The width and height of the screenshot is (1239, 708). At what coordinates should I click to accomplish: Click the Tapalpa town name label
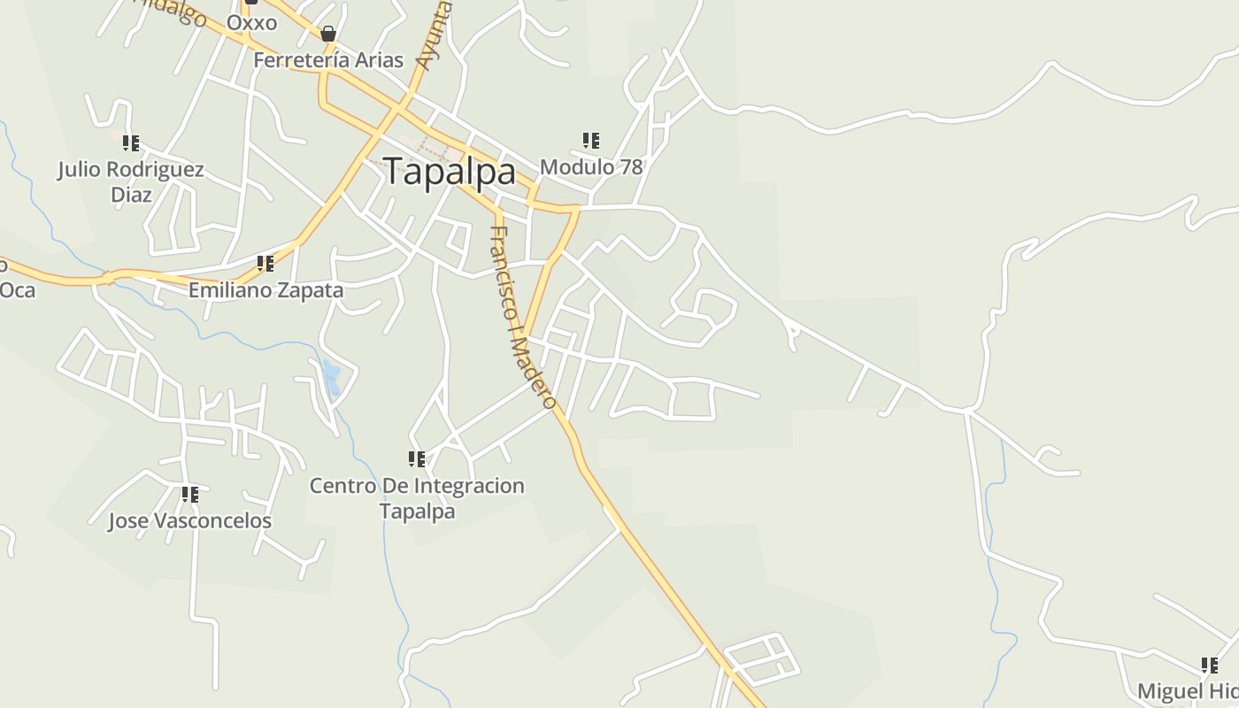coord(450,171)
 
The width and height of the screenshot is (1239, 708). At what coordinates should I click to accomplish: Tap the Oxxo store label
coord(251,22)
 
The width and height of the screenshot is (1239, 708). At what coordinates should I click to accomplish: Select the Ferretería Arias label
coord(328,60)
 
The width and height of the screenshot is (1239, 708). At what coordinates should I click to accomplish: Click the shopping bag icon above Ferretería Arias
coord(328,35)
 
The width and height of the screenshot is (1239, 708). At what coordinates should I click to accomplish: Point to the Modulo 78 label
coord(590,166)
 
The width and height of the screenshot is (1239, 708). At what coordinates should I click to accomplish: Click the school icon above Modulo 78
coord(591,140)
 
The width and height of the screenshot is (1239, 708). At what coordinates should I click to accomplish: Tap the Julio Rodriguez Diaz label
coord(131,181)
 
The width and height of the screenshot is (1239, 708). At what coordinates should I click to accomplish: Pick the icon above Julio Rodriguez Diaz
coord(131,142)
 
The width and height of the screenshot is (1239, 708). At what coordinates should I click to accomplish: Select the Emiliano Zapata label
coord(265,289)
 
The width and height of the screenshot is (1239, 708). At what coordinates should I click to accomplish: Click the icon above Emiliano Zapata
coord(265,263)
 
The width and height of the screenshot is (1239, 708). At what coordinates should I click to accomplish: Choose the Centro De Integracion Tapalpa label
coord(417,498)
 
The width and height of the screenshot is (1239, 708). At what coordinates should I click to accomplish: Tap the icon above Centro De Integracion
coord(417,458)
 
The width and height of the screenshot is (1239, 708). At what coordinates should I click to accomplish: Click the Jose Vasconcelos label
coord(189,520)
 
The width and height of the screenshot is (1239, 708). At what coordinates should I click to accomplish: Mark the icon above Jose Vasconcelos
coord(189,494)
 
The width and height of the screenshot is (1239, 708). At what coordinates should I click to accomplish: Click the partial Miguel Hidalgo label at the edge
coord(1188,691)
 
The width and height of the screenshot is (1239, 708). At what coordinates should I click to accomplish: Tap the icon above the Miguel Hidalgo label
coord(1209,665)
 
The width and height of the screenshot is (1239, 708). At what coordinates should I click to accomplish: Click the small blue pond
coord(332,378)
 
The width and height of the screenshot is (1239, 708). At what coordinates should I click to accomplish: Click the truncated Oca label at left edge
coord(16,289)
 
